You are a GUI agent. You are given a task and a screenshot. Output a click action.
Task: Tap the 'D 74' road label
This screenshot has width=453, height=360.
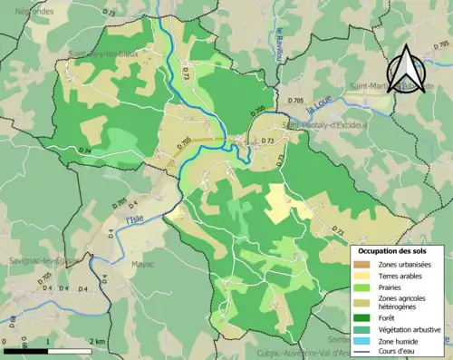coord(85,151)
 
